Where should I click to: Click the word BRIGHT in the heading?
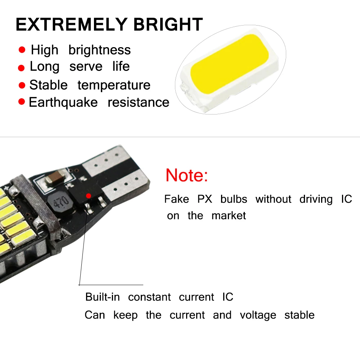pos(168,24)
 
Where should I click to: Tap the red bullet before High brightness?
pos(22,50)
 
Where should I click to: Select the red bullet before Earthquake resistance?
pos(22,102)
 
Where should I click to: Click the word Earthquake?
pos(63,102)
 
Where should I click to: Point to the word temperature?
pos(114,85)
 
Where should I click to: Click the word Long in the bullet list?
pos(44,67)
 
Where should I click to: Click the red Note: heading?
pos(187,175)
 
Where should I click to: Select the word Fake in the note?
pos(176,199)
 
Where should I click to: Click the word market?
pos(229,216)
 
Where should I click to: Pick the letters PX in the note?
pos(205,199)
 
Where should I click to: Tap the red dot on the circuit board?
pos(89,195)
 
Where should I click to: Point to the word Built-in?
pos(103,297)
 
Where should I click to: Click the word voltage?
pos(258,315)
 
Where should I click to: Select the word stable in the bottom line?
pos(299,315)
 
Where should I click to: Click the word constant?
pos(149,297)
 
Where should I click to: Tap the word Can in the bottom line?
pos(95,315)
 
